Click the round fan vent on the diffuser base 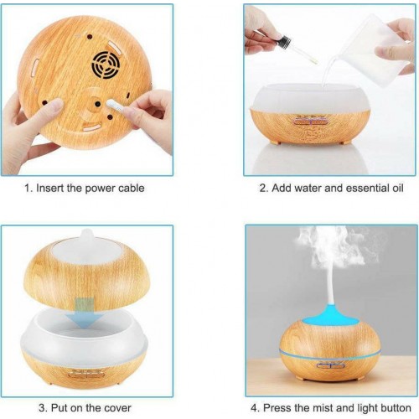pyautogui.click(x=106, y=65)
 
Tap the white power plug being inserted pyautogui.click(x=115, y=106)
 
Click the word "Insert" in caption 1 pyautogui.click(x=50, y=188)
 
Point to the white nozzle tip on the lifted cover pyautogui.click(x=86, y=235)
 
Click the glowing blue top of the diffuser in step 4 pyautogui.click(x=331, y=319)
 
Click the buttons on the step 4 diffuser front pyautogui.click(x=330, y=365)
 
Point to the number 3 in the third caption pyautogui.click(x=42, y=408)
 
